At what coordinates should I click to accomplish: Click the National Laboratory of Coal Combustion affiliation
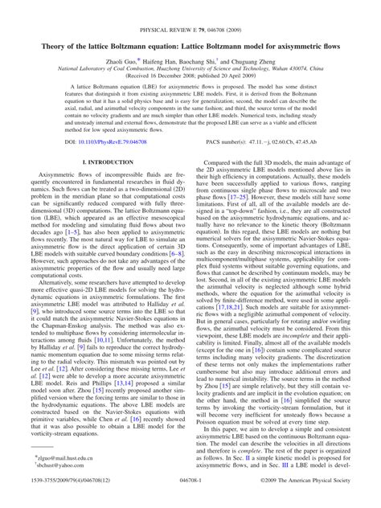pyautogui.click(x=190, y=46)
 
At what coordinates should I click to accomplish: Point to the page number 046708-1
pyautogui.click(x=190, y=499)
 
